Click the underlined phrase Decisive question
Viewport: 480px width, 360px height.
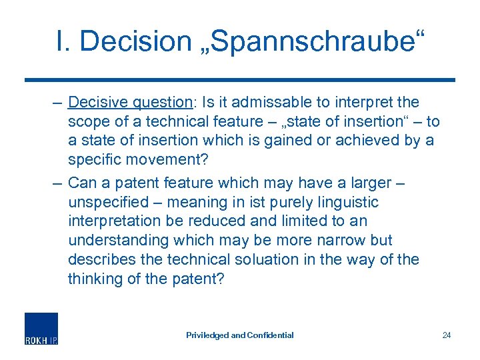[130, 103]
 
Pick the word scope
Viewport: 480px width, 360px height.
[87, 121]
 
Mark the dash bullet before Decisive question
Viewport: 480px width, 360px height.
[56, 103]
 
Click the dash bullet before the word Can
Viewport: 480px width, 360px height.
[56, 183]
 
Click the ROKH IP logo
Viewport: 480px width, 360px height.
[41, 328]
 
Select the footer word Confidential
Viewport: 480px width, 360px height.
[271, 335]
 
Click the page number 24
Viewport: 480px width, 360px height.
[446, 335]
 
